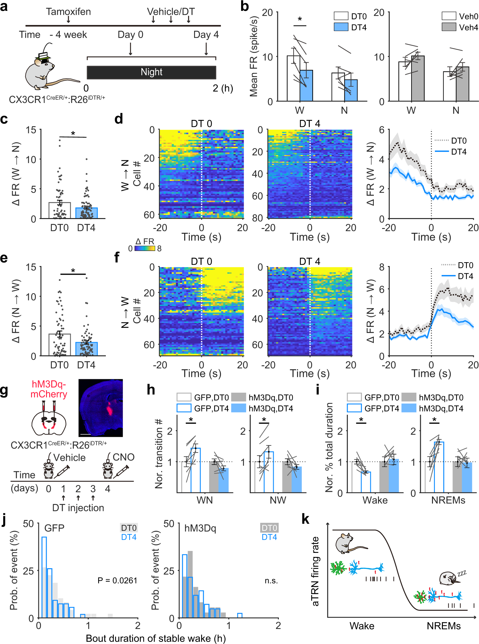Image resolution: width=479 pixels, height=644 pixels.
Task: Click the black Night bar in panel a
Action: tap(151, 72)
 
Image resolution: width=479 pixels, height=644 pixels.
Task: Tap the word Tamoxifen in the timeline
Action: tap(68, 12)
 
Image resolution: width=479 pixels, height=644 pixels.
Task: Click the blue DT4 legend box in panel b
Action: tap(341, 27)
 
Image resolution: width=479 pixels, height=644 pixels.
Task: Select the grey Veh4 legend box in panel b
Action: tap(449, 27)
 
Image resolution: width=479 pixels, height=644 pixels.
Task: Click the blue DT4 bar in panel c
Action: tap(86, 213)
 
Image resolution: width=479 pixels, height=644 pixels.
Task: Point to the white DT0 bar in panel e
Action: tap(59, 345)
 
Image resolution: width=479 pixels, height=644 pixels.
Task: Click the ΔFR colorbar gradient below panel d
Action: tap(145, 248)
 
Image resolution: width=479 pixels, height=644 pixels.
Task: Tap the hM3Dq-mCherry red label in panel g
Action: tap(49, 389)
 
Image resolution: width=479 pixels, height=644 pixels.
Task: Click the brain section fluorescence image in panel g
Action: tap(100, 408)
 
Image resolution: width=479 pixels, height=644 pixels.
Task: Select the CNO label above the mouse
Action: tap(123, 457)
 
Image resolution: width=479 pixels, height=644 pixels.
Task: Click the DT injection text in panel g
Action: tap(78, 508)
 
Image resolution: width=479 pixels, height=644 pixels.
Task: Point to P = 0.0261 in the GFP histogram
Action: tap(117, 580)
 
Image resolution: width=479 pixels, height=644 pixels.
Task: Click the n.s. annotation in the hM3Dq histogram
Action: tap(271, 581)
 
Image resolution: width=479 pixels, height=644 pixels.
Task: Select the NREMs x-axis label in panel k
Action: tap(444, 626)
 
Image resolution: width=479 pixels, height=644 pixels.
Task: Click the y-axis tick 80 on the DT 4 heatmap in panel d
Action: tap(258, 218)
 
